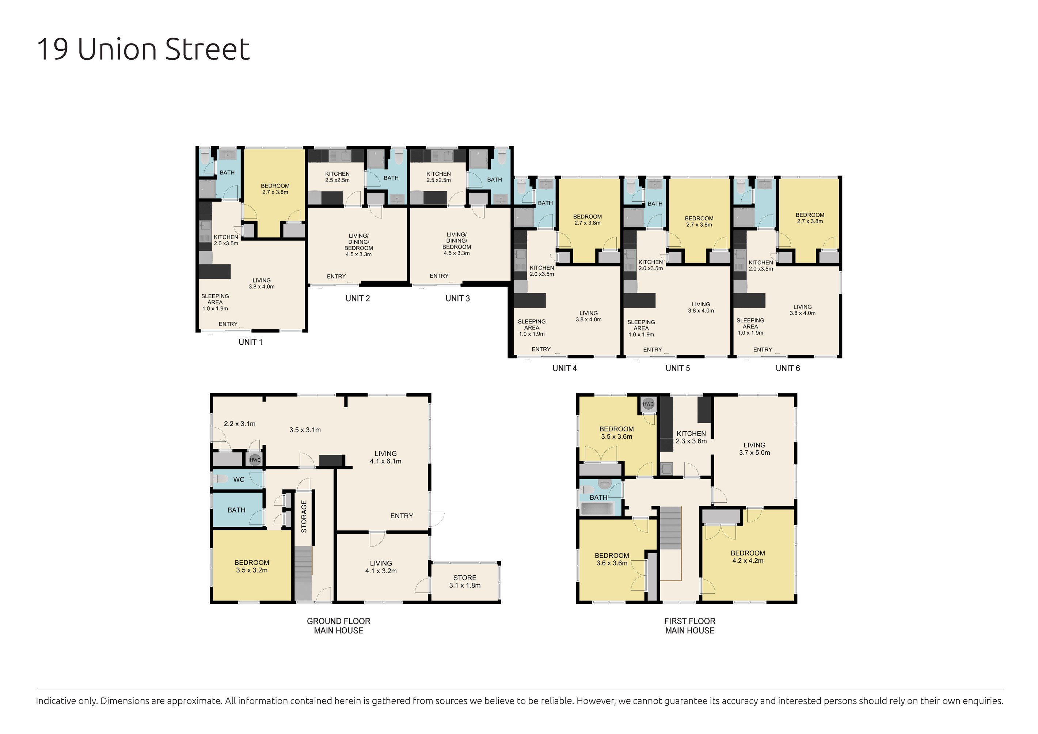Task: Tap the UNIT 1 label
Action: [x=251, y=342]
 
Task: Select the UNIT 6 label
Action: [x=787, y=368]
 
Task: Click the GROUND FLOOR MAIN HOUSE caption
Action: [x=339, y=626]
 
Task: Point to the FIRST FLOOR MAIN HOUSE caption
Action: [x=689, y=626]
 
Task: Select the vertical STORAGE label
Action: [x=304, y=516]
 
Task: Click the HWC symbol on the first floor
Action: [x=648, y=404]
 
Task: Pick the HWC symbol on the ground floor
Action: [x=255, y=460]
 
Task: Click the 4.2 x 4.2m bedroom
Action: [x=748, y=557]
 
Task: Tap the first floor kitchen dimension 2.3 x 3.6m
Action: [x=691, y=441]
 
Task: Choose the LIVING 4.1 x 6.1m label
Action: [x=385, y=457]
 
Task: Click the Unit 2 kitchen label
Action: [x=337, y=177]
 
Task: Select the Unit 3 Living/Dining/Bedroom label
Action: [x=457, y=244]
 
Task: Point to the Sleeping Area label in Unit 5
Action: [x=641, y=328]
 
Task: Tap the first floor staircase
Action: [x=670, y=528]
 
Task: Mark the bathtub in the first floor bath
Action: [x=598, y=509]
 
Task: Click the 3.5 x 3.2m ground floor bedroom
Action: [x=252, y=566]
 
